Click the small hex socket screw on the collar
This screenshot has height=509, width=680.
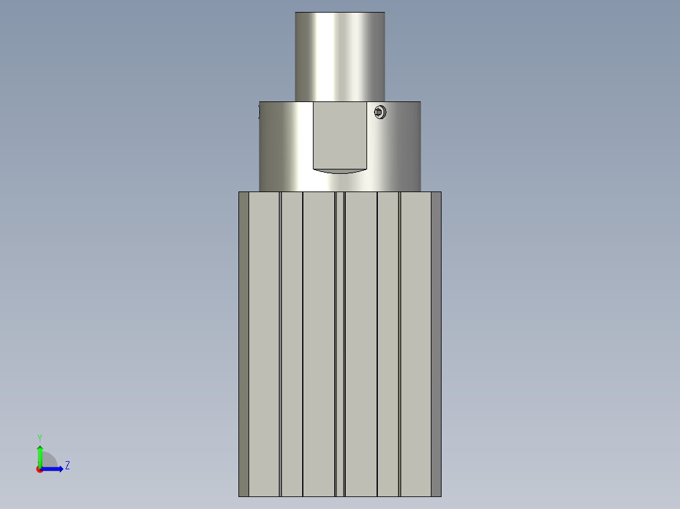pyautogui.click(x=380, y=112)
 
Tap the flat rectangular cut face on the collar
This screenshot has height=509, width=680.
pyautogui.click(x=340, y=135)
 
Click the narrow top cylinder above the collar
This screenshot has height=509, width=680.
pyautogui.click(x=340, y=57)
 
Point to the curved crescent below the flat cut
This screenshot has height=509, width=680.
pyautogui.click(x=340, y=170)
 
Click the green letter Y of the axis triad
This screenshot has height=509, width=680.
pyautogui.click(x=39, y=437)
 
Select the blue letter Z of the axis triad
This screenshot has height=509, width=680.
pyautogui.click(x=67, y=466)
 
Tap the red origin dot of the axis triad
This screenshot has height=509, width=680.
pyautogui.click(x=39, y=469)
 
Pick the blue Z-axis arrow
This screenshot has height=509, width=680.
pyautogui.click(x=54, y=469)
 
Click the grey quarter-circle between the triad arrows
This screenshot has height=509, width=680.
pyautogui.click(x=49, y=460)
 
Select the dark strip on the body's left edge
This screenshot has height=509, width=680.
pyautogui.click(x=243, y=344)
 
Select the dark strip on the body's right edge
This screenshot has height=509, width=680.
pyautogui.click(x=436, y=344)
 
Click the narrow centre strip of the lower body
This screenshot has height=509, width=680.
pyautogui.click(x=340, y=344)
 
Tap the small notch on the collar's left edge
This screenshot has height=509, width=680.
pyautogui.click(x=259, y=112)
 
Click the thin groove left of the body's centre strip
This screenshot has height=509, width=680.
pyautogui.click(x=335, y=344)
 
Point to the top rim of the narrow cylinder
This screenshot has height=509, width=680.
pyautogui.click(x=340, y=13)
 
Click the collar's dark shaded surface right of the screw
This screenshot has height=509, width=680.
pyautogui.click(x=404, y=145)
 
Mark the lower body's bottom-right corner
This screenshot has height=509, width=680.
pyautogui.click(x=440, y=496)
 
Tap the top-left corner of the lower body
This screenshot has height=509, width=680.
pyautogui.click(x=240, y=193)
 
